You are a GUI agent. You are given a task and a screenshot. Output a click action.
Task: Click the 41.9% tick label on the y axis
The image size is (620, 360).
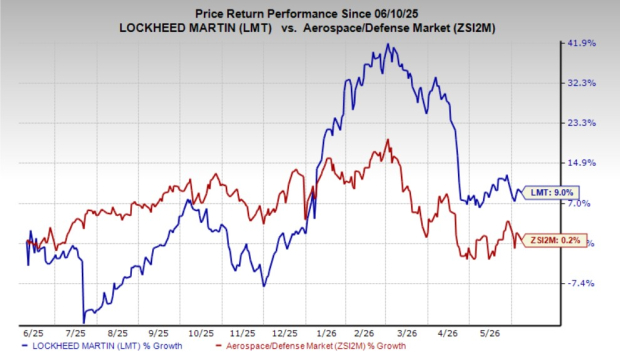pos(582,43)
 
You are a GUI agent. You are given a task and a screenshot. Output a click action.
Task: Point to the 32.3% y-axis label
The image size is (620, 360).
pos(582,83)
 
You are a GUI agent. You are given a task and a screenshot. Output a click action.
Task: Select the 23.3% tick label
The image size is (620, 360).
pos(582,123)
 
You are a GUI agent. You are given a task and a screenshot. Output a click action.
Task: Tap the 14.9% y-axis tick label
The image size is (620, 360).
pos(582,163)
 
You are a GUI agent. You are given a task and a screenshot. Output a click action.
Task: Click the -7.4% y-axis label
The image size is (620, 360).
pos(580,283)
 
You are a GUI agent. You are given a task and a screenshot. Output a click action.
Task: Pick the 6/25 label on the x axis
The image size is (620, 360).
pos(33,333)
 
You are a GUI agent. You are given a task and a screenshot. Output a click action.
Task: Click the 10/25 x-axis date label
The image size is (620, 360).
pos(201,333)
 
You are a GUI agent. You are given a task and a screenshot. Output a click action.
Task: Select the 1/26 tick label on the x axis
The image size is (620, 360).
pos(327,333)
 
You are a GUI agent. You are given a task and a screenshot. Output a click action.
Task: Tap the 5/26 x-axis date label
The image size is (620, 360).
pos(490,333)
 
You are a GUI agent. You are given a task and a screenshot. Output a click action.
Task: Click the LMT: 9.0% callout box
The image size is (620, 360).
pos(551,193)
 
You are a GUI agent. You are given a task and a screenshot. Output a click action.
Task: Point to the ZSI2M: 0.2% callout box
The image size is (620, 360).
pos(554,240)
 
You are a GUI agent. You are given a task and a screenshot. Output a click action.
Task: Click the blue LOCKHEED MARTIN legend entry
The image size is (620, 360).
pos(102,346)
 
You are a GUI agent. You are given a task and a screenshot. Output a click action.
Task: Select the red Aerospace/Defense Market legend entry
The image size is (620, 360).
pos(311,346)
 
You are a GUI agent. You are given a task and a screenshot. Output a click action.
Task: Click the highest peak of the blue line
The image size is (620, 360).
pos(388,44)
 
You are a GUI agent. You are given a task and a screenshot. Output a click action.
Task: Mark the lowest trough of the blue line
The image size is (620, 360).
pos(83,323)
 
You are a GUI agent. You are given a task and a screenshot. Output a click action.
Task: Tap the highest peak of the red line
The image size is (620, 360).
pos(388,140)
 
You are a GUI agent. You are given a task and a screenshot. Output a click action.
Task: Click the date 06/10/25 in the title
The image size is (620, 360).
pos(395,14)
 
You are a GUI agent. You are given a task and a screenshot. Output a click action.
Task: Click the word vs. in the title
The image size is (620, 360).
pos(289,28)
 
